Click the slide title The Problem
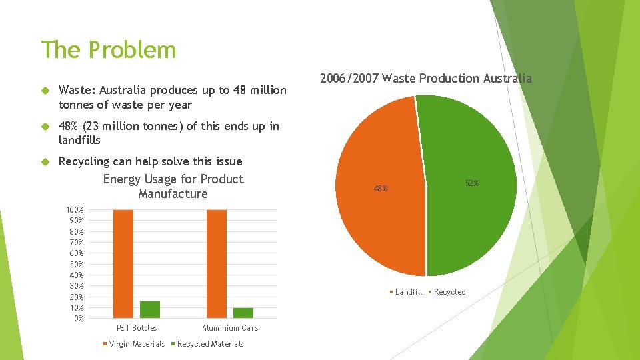pos(109,50)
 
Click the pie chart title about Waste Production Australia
pos(425,79)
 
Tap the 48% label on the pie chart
pos(381,189)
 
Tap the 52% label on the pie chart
pos(472,183)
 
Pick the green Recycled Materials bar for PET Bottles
pos(150,309)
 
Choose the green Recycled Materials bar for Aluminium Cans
pos(243,313)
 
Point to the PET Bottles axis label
pos(137,328)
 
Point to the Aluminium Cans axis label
pos(230,328)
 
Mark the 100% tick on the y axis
pos(75,210)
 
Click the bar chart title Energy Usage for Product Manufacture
pos(173,187)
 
